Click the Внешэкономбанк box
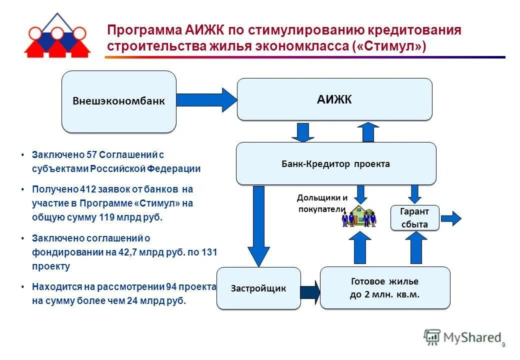point(118,101)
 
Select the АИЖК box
point(334,99)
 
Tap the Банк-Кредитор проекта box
point(335,163)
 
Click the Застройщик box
point(258,288)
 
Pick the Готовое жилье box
point(384,288)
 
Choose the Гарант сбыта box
point(414,218)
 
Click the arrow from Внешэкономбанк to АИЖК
point(206,100)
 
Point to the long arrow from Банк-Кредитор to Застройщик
point(258,225)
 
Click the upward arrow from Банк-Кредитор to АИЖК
point(368,132)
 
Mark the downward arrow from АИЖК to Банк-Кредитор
point(302,132)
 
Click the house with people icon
point(359,215)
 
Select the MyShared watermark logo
point(462,337)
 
